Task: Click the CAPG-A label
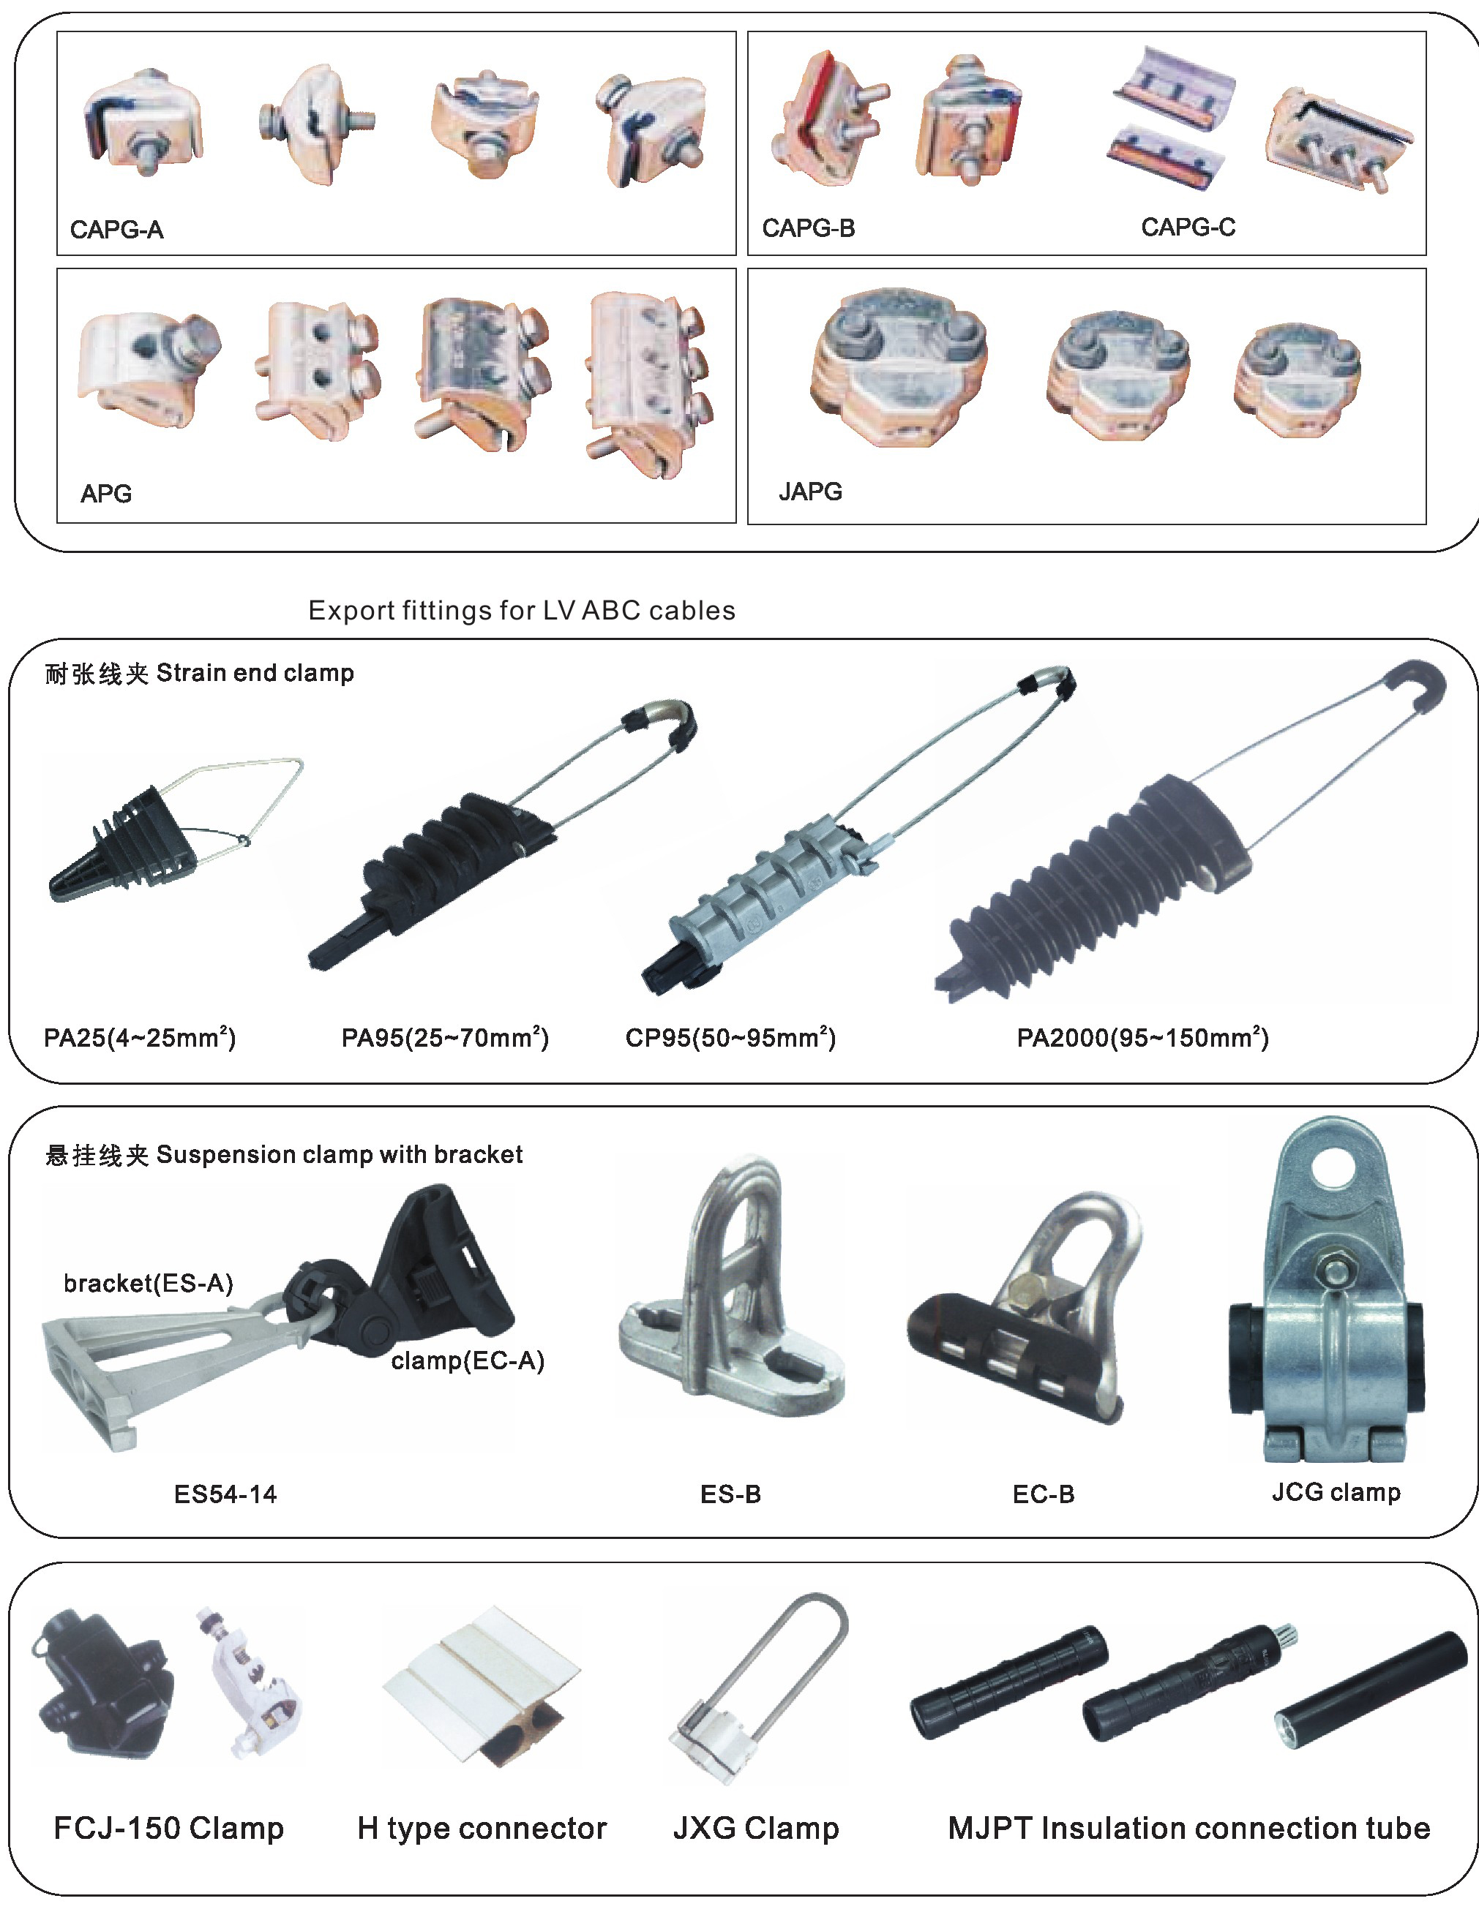tap(116, 230)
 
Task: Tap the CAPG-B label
tap(808, 228)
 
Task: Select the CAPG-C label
tap(1188, 227)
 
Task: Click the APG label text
tap(106, 494)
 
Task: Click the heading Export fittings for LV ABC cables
tap(522, 610)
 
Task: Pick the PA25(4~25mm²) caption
tap(140, 1037)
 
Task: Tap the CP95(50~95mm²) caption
tap(730, 1037)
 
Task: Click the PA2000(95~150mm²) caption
tap(1143, 1037)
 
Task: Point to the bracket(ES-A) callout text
tap(149, 1284)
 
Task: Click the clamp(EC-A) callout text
tap(468, 1360)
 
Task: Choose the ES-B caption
tap(730, 1494)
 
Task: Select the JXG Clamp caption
tap(756, 1828)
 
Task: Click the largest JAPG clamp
tap(899, 366)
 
